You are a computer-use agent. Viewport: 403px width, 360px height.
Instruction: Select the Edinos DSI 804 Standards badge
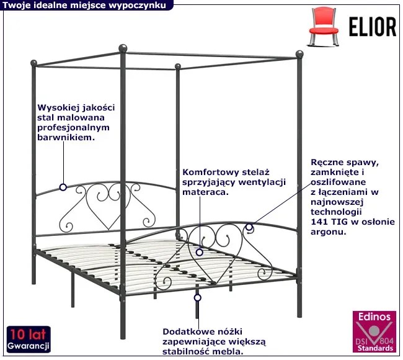coord(374,333)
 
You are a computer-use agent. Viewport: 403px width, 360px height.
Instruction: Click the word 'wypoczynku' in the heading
coord(142,5)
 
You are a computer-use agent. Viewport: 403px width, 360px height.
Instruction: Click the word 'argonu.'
coord(328,232)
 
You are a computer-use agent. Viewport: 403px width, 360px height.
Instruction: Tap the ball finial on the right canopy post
coord(300,54)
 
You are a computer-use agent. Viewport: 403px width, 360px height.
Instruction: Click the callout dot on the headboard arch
coord(63,187)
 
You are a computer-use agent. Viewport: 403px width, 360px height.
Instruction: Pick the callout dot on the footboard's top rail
coord(249,228)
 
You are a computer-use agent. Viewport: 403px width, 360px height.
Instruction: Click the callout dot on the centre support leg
coord(198,298)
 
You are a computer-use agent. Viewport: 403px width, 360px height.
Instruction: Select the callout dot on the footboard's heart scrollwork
coord(200,252)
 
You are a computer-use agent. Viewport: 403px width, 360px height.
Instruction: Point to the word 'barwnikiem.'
coord(66,137)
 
